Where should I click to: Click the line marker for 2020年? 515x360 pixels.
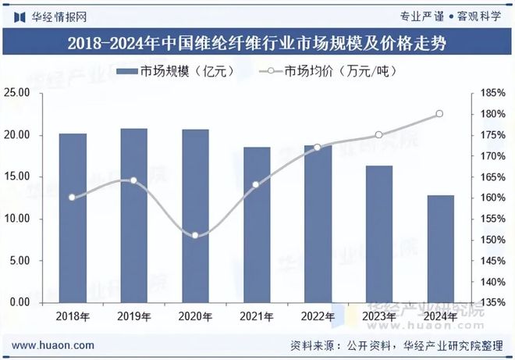click(x=195, y=235)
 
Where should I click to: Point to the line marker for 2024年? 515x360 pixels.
click(x=439, y=114)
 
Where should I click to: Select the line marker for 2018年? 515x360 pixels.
click(x=72, y=197)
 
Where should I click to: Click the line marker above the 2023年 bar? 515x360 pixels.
click(x=378, y=135)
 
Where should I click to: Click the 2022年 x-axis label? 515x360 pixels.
click(x=317, y=316)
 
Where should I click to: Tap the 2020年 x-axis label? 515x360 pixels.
click(x=195, y=316)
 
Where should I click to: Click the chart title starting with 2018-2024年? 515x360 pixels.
click(x=257, y=41)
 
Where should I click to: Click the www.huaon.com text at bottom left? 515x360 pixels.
click(x=55, y=344)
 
